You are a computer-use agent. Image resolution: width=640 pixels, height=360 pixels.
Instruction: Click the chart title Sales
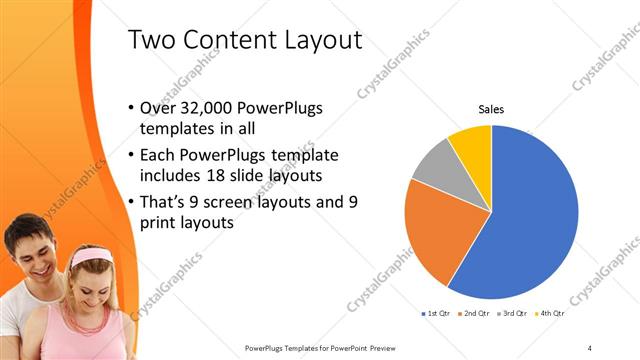491,109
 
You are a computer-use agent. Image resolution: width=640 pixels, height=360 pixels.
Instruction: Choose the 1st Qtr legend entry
438,314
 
